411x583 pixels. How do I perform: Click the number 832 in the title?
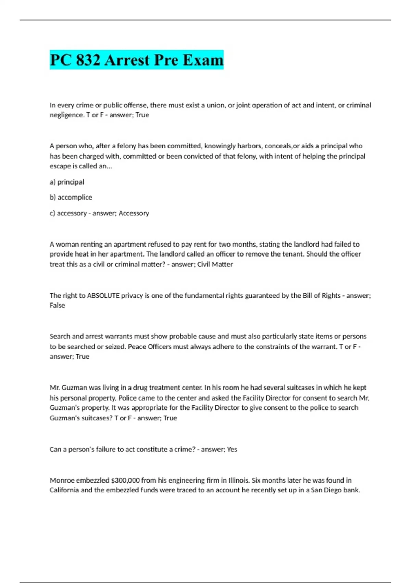click(88, 60)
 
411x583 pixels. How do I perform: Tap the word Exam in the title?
click(203, 60)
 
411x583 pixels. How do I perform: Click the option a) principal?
click(67, 182)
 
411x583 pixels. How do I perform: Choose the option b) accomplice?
click(71, 197)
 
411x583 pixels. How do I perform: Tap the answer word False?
click(57, 305)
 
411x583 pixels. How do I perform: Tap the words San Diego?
click(326, 490)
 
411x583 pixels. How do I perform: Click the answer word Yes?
click(232, 449)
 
